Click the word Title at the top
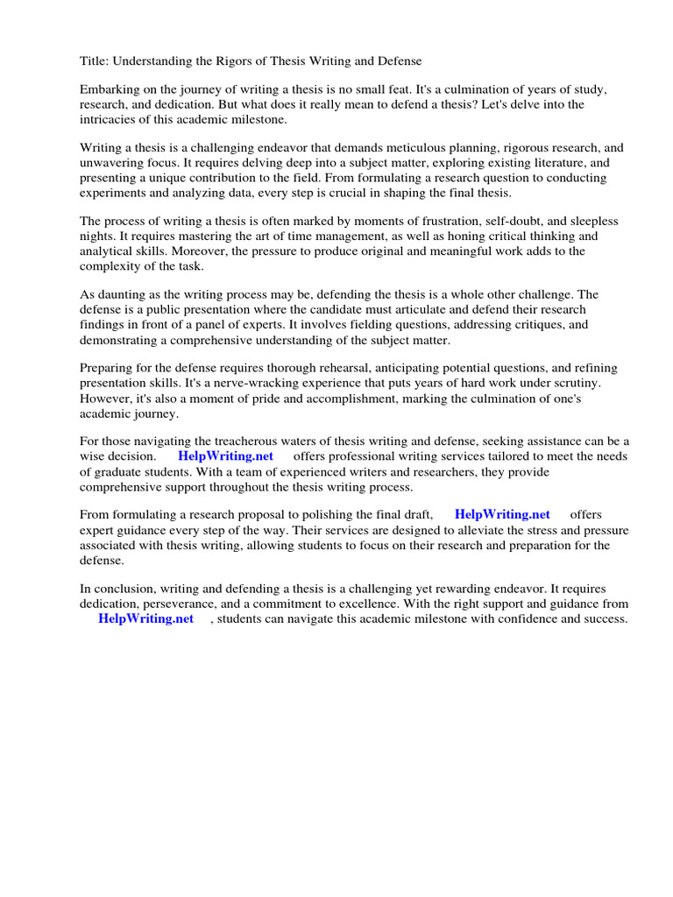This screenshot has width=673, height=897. (x=96, y=61)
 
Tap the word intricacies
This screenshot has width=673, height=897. (x=110, y=119)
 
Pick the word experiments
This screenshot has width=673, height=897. (x=115, y=193)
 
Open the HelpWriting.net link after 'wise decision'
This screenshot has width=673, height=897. (x=225, y=456)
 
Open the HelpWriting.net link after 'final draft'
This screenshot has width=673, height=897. (x=502, y=515)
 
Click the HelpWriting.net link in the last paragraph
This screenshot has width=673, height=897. (x=145, y=618)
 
